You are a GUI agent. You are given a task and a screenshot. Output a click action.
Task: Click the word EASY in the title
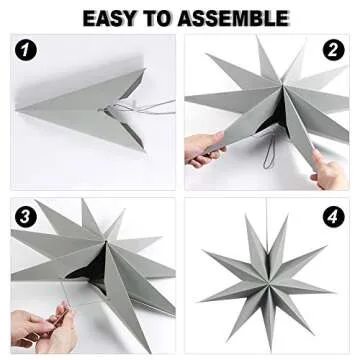(113, 18)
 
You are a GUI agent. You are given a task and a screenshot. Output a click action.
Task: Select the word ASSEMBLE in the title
(235, 18)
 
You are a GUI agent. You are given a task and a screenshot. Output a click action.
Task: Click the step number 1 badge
(28, 51)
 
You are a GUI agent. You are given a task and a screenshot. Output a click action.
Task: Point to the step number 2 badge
(332, 51)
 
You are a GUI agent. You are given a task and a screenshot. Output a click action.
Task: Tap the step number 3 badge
(28, 215)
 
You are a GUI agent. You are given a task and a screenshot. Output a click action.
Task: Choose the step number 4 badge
(332, 215)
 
